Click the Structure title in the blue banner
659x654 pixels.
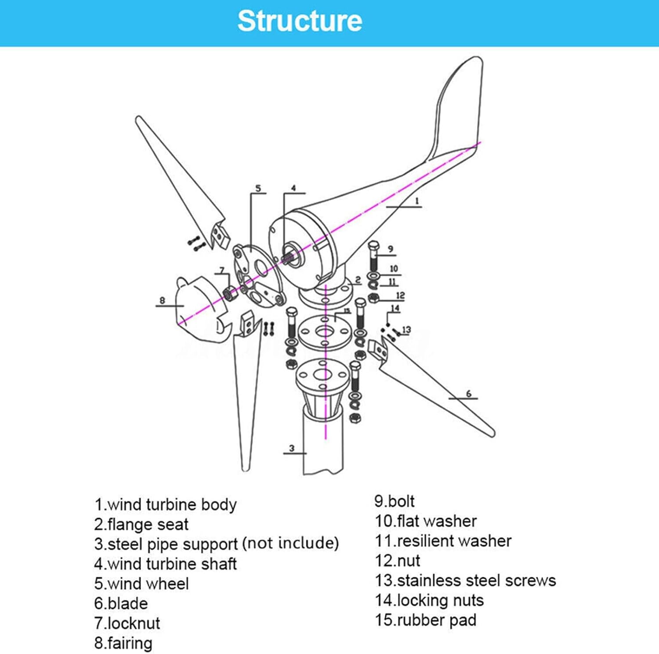pos(300,21)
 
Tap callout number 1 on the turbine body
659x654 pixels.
pos(417,201)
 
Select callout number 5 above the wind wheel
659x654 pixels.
pos(258,188)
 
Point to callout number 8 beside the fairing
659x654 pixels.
pos(162,300)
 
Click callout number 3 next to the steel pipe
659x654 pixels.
pos(292,448)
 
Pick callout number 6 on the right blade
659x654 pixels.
pos(468,393)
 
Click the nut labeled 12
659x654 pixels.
pos(373,298)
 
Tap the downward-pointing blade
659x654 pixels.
pos(246,396)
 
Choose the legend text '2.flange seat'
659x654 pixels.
pos(141,524)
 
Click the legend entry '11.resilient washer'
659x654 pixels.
pos(443,541)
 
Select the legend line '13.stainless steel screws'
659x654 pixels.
pos(465,580)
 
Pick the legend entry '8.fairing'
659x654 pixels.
pos(123,643)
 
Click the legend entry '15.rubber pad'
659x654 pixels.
pos(425,620)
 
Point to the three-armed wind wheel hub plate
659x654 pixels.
pos(259,275)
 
